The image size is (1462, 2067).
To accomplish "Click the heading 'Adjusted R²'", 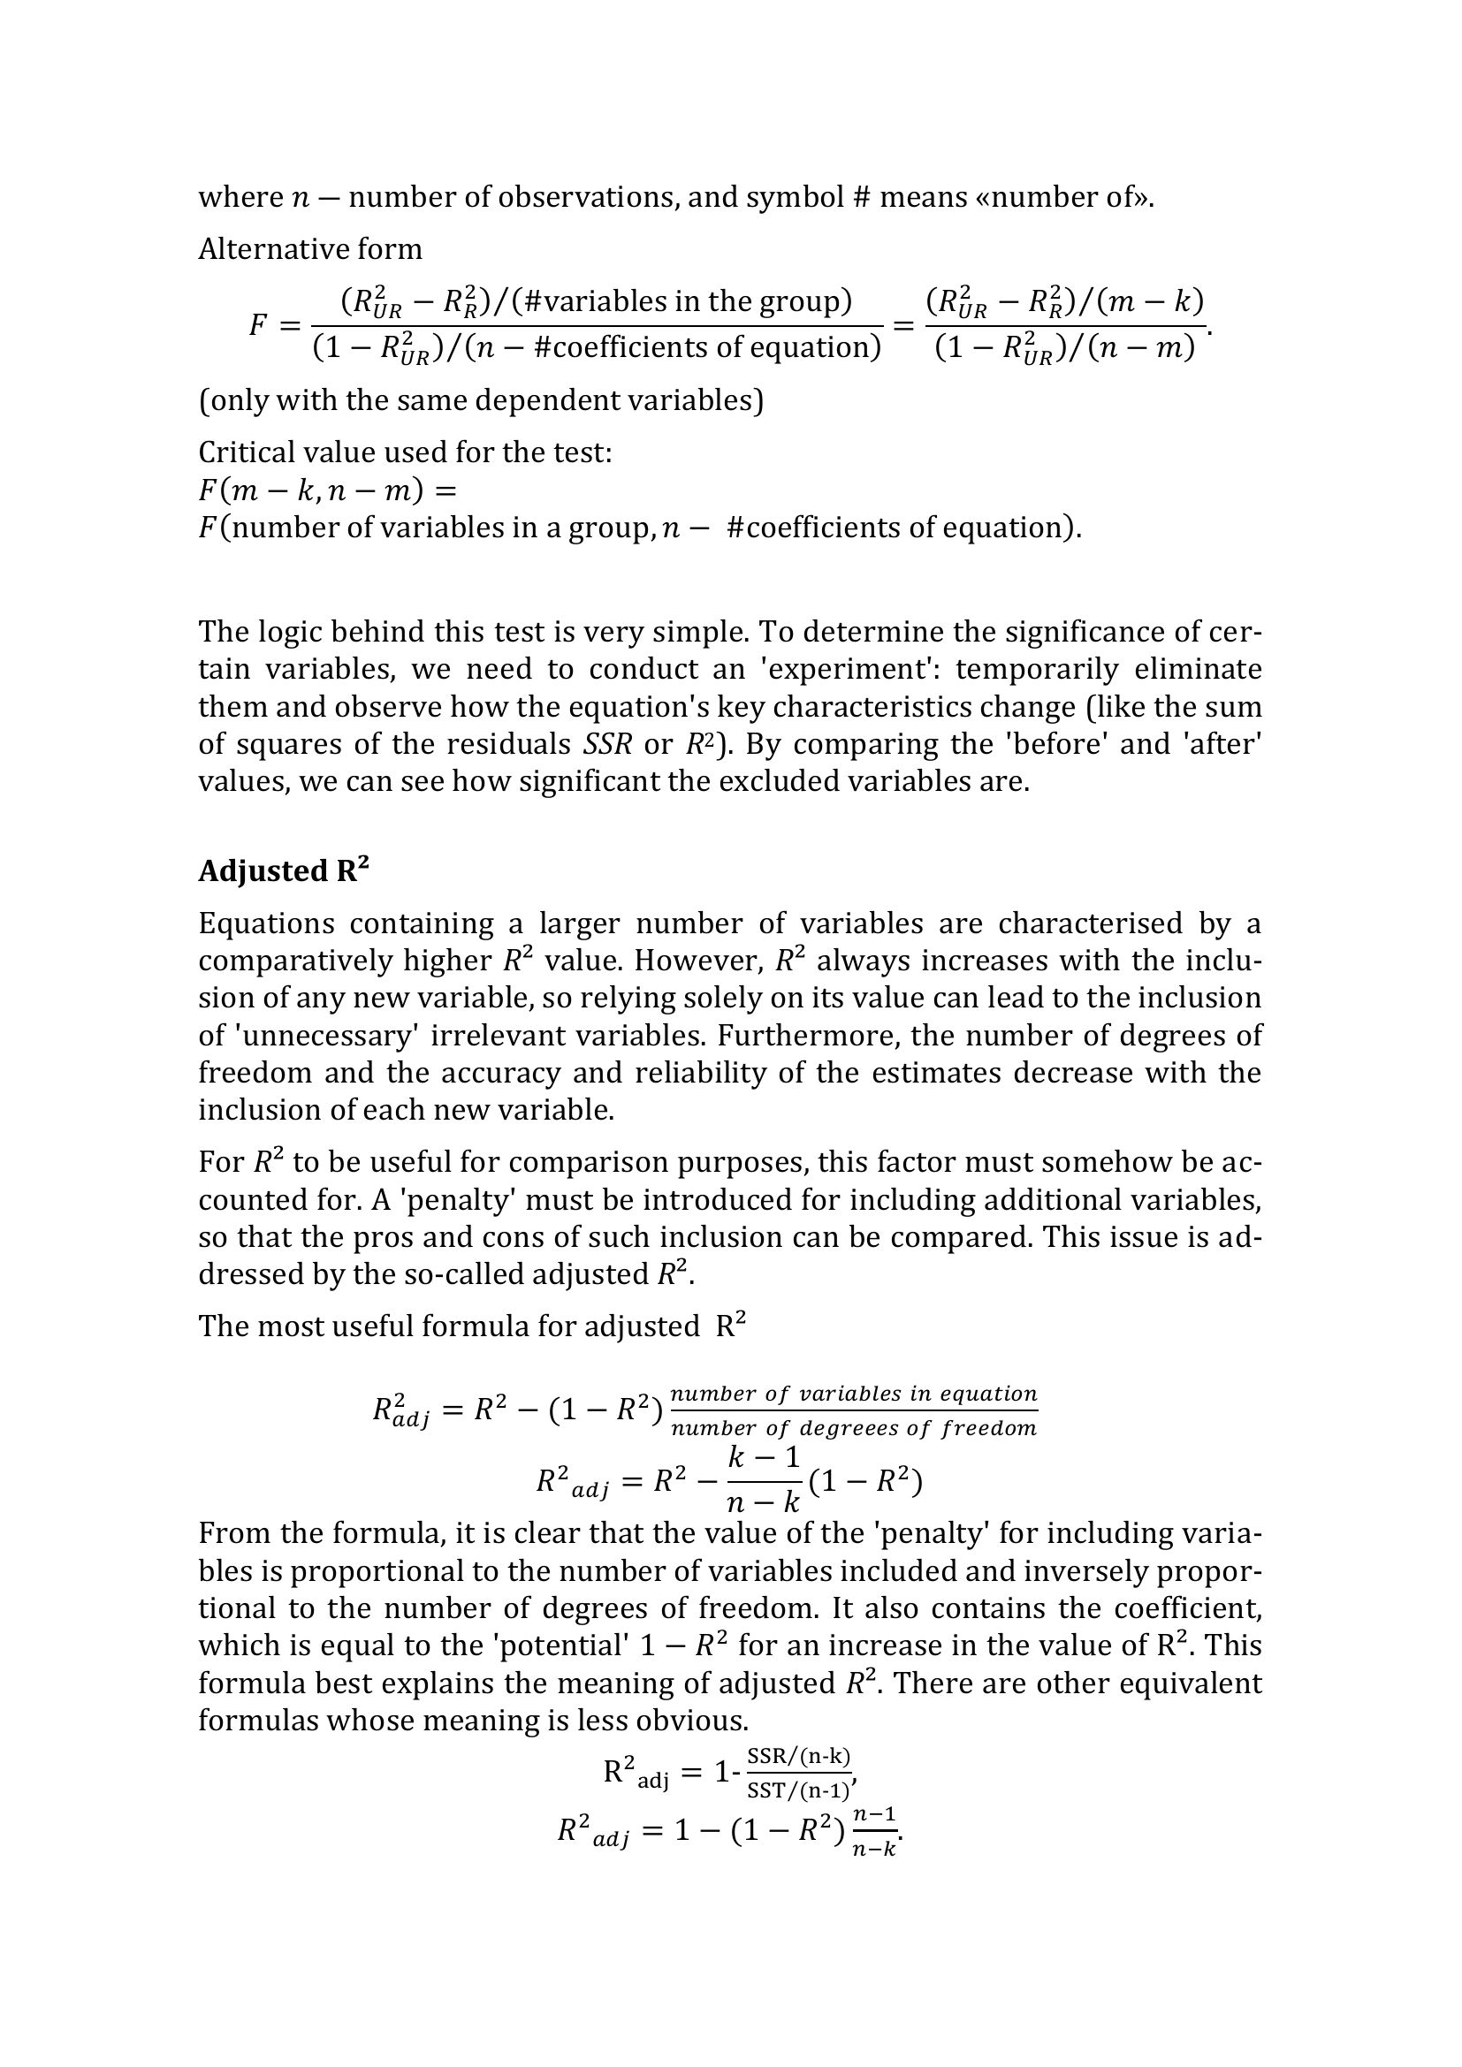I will click(284, 870).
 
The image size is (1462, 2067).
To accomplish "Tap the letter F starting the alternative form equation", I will click(258, 324).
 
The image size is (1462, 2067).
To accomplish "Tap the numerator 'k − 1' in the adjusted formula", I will click(764, 1456).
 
